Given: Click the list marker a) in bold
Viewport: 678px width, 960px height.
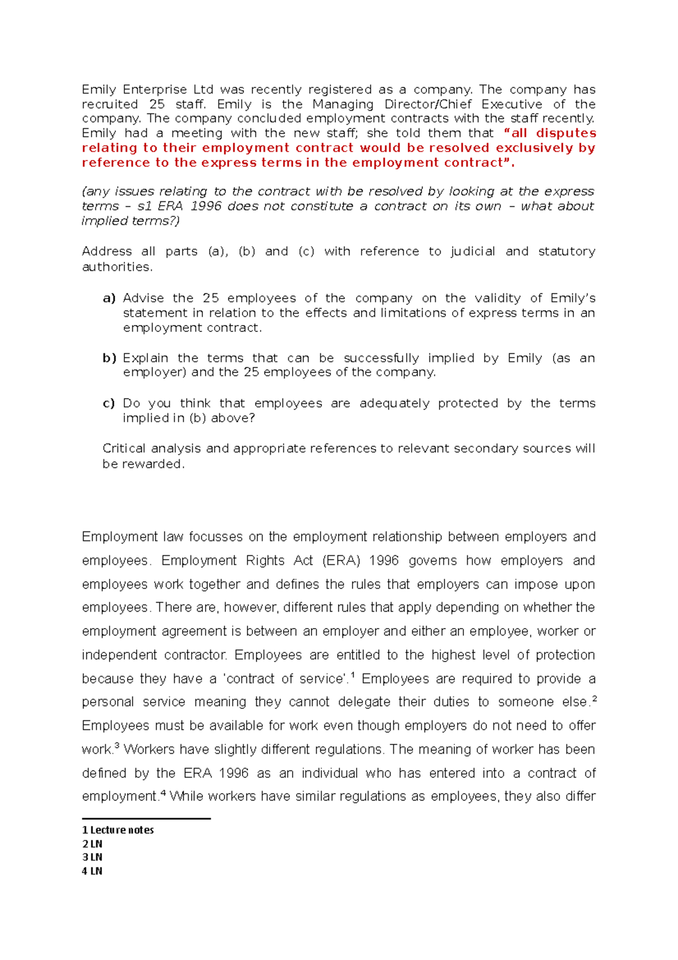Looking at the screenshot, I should [x=109, y=299].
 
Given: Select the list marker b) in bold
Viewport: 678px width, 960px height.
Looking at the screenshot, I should [x=109, y=358].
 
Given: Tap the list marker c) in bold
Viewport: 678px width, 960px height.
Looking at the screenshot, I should [x=109, y=404].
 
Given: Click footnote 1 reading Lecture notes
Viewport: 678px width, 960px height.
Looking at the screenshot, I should [x=118, y=830].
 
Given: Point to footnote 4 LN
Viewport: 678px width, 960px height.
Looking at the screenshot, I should [x=92, y=871].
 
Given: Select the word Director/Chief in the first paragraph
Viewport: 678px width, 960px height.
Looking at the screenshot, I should [x=428, y=105].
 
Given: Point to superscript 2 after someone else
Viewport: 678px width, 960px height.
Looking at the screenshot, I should [x=594, y=699].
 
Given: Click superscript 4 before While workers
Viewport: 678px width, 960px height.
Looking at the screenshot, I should [x=163, y=793].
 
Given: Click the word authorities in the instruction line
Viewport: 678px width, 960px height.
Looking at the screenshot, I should [x=116, y=267].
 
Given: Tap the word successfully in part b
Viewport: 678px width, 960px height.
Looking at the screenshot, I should [x=381, y=358].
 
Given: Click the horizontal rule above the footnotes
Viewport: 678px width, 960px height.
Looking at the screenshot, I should [x=146, y=818].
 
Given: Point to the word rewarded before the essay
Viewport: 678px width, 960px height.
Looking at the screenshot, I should [x=153, y=464].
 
